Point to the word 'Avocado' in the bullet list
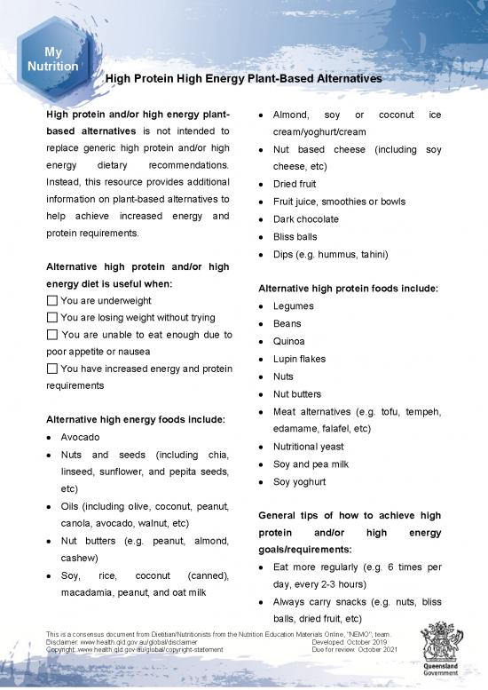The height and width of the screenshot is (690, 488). pos(80,438)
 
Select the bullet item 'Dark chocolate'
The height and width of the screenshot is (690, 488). pos(306,219)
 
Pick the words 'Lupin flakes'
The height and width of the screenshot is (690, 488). pos(301,359)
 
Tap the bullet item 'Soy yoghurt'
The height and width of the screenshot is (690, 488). pos(299,481)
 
